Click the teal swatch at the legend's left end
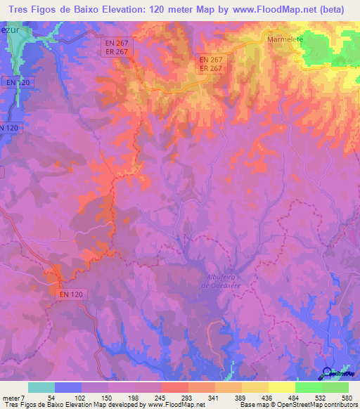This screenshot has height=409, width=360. click(x=41, y=387)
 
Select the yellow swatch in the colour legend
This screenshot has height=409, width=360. click(x=281, y=387)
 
